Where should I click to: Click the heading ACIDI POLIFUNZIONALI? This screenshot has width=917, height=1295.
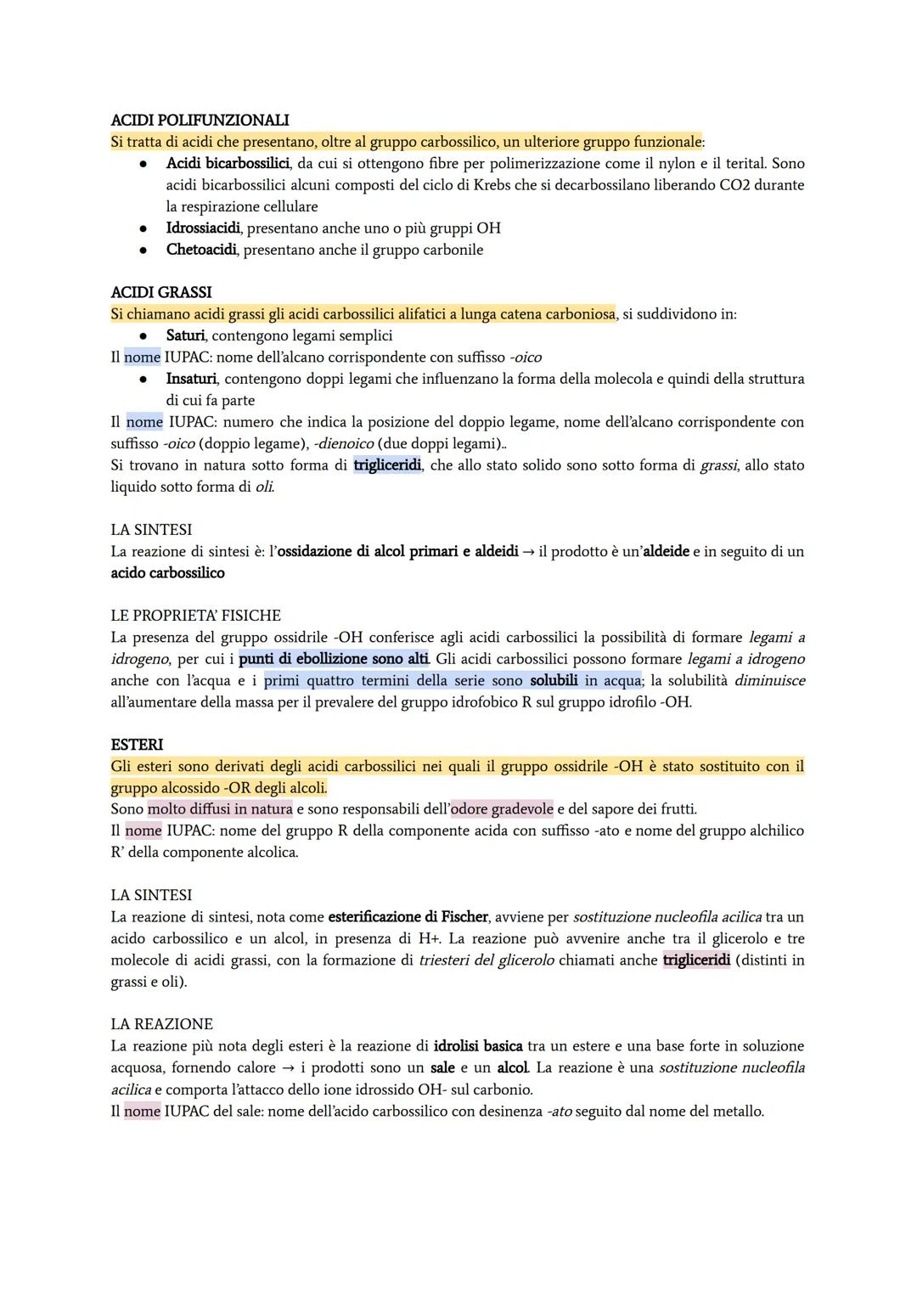(200, 121)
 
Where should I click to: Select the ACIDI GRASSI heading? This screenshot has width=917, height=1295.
(161, 293)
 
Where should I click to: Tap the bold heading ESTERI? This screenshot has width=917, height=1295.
(137, 745)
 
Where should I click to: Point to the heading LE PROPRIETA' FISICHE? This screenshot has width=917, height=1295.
(195, 616)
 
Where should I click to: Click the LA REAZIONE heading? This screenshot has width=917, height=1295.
(161, 1024)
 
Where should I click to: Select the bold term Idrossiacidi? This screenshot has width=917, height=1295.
(203, 228)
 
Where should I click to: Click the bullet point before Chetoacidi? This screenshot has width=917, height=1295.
(144, 251)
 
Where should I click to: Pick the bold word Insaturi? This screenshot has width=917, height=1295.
(191, 379)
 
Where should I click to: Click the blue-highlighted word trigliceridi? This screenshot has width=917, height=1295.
(387, 465)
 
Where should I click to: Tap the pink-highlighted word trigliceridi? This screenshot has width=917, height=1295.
(696, 960)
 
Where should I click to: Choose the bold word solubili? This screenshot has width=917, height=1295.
(554, 681)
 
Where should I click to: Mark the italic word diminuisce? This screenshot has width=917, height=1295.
(769, 681)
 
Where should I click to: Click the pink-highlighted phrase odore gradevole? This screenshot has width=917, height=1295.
(502, 809)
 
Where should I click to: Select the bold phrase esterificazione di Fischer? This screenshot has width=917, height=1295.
(408, 917)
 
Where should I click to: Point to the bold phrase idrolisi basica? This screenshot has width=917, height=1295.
(478, 1046)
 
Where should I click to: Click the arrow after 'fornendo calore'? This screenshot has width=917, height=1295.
(290, 1068)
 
